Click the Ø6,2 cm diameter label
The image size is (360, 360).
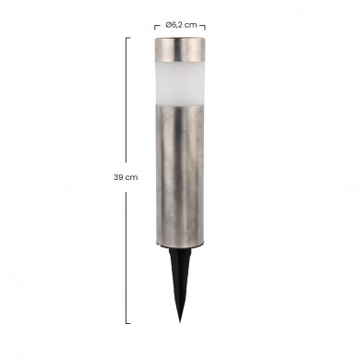click(x=180, y=26)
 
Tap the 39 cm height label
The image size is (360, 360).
click(x=126, y=177)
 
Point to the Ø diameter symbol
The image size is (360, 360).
click(x=168, y=26)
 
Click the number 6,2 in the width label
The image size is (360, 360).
click(x=178, y=26)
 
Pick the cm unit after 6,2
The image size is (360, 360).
click(x=191, y=26)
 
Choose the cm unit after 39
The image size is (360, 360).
click(x=132, y=177)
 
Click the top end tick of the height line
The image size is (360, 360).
click(x=126, y=38)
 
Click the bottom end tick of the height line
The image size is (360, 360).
click(x=126, y=323)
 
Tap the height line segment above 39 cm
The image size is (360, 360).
click(x=126, y=102)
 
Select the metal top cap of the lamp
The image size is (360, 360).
click(x=180, y=49)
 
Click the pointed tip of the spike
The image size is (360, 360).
click(x=177, y=320)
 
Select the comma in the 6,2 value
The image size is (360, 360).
click(x=178, y=28)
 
